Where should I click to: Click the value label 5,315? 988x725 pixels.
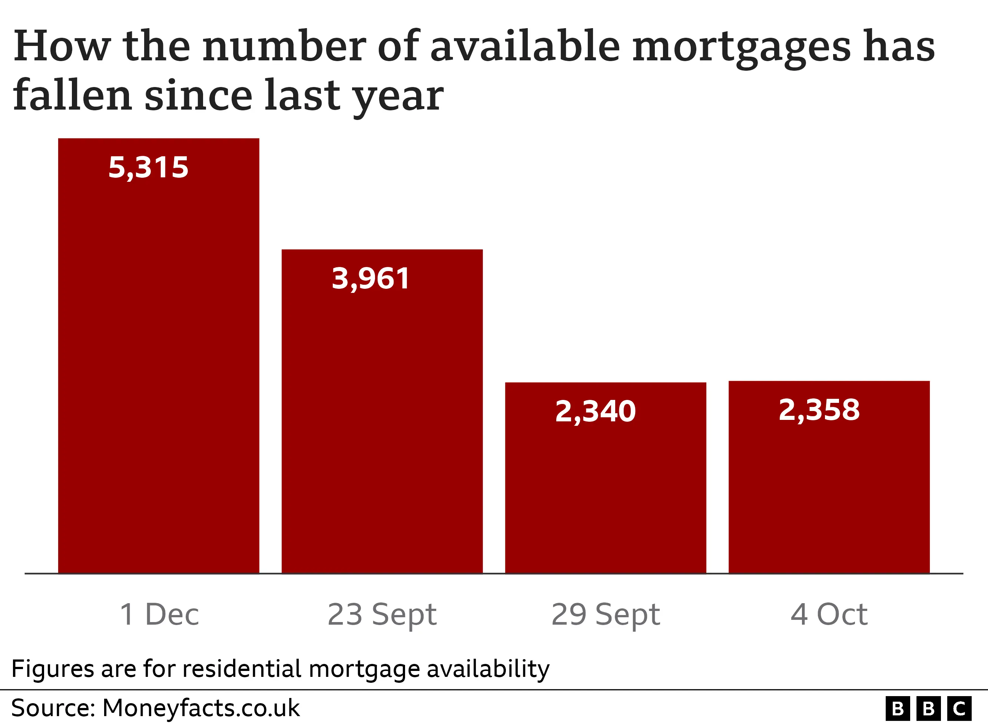(x=148, y=168)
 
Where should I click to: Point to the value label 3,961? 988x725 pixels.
(x=371, y=279)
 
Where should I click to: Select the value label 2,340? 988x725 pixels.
(x=596, y=412)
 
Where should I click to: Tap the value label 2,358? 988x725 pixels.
(x=819, y=410)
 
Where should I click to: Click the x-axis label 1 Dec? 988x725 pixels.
(x=159, y=614)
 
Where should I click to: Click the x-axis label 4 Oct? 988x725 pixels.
(x=829, y=614)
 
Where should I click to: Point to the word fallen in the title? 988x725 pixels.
(x=73, y=95)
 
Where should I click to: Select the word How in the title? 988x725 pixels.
(x=62, y=46)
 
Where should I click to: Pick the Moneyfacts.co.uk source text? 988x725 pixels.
(x=200, y=708)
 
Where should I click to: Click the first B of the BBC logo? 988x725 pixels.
(x=898, y=708)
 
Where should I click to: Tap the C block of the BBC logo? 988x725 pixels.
(x=959, y=708)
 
